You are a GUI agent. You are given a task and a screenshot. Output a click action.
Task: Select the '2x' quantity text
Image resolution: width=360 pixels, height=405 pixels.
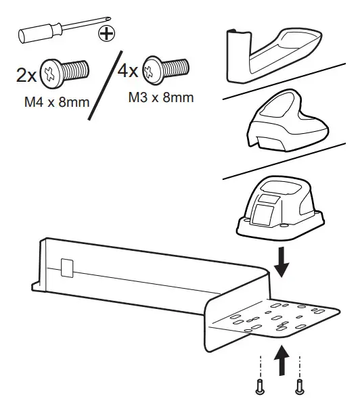coord(28,75)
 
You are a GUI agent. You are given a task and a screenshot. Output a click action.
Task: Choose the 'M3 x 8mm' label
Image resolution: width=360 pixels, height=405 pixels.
coord(160,97)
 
